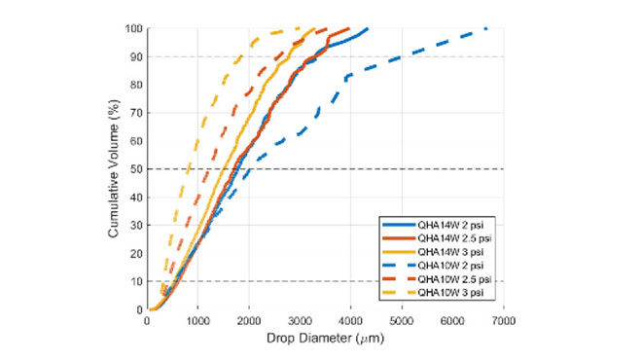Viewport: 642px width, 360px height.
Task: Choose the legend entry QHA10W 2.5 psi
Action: pyautogui.click(x=448, y=278)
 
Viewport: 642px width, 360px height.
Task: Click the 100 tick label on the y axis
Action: pyautogui.click(x=134, y=28)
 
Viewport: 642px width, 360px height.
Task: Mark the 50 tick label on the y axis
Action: pyautogui.click(x=137, y=169)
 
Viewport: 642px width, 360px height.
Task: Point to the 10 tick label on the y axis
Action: pyautogui.click(x=137, y=281)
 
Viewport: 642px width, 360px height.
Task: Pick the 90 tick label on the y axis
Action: pyautogui.click(x=137, y=56)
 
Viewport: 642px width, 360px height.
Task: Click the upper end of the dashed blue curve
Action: pyautogui.click(x=485, y=28)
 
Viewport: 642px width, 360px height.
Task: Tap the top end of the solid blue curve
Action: pyautogui.click(x=367, y=28)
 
